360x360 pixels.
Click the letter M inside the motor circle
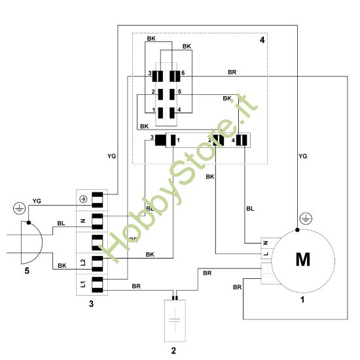point(302,260)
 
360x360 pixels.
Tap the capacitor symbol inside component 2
point(173,321)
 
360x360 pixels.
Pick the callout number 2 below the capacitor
point(173,351)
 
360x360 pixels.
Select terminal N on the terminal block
point(82,221)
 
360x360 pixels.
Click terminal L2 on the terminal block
point(82,262)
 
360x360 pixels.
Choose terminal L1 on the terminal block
point(82,285)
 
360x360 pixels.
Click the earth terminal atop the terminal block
point(83,198)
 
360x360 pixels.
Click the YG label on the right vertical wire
point(302,157)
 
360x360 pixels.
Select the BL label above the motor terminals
point(249,209)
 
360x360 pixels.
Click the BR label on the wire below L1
point(136,286)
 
